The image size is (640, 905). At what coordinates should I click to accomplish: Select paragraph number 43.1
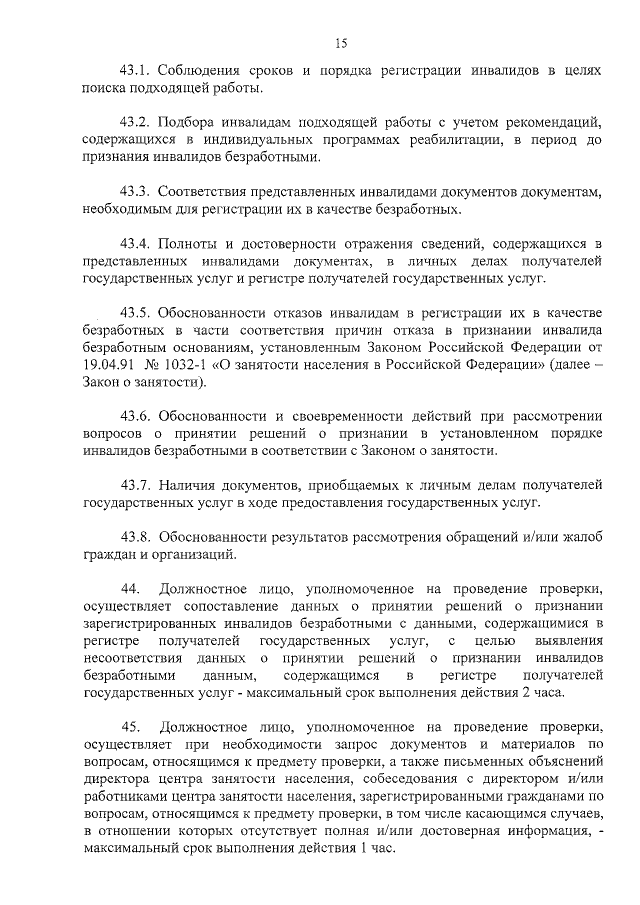click(135, 71)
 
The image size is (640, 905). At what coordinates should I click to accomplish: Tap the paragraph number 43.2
click(135, 121)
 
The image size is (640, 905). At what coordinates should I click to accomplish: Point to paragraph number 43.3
click(135, 190)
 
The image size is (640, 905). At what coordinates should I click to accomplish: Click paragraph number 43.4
click(135, 242)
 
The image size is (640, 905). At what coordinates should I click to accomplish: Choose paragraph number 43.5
click(135, 311)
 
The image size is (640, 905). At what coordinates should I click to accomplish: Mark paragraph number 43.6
click(135, 414)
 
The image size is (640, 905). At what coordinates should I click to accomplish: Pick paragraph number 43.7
click(135, 483)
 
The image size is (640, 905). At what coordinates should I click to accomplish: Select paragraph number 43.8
click(135, 535)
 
